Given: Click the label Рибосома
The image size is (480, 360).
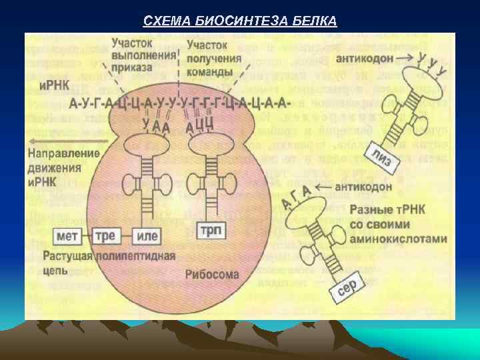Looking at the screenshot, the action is click(211, 274).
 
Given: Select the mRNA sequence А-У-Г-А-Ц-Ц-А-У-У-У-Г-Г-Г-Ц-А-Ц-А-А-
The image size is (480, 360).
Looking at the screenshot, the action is click(179, 103).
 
